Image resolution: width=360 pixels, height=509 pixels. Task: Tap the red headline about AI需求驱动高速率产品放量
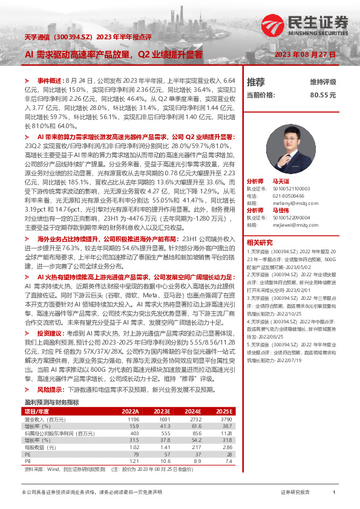[114, 54]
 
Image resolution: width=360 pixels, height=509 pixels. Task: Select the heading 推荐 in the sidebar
[256, 82]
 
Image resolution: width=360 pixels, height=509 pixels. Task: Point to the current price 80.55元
[322, 95]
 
